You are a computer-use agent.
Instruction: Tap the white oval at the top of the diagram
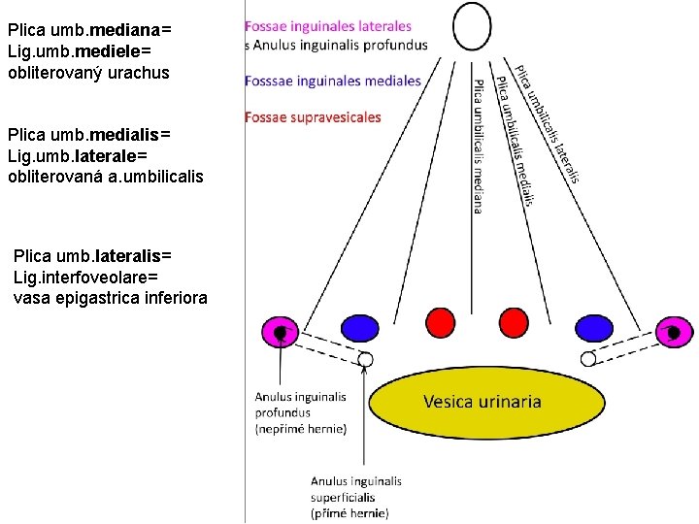coord(473,26)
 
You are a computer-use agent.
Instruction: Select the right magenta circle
coord(673,332)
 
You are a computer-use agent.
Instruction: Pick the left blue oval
coord(359,328)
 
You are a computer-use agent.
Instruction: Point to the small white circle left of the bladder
coord(365,360)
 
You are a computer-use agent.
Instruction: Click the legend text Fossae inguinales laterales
coord(328,26)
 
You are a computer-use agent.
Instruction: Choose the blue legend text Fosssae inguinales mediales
coord(333,81)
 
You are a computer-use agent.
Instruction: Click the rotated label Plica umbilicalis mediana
coord(479,146)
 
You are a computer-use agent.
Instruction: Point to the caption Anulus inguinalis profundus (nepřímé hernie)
coord(300,412)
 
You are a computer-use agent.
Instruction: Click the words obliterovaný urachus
coord(87,73)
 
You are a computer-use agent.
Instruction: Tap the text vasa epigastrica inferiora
coord(110,298)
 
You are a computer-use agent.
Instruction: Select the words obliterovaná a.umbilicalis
coord(105,175)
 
